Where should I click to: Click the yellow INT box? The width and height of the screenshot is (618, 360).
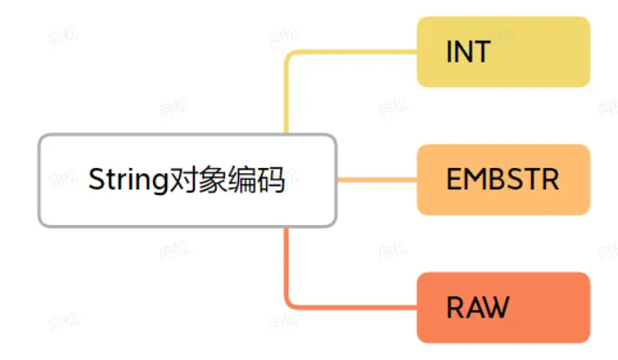[503, 51]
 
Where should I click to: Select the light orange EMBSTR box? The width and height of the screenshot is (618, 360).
[503, 180]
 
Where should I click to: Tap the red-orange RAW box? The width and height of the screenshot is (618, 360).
[503, 307]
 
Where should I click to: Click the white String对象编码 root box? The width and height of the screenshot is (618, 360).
[187, 180]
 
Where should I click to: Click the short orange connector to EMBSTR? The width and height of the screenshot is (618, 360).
[375, 181]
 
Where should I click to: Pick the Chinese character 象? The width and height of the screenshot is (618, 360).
[209, 180]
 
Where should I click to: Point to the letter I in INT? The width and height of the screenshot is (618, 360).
[449, 52]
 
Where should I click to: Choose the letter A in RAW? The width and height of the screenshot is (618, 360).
[471, 308]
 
